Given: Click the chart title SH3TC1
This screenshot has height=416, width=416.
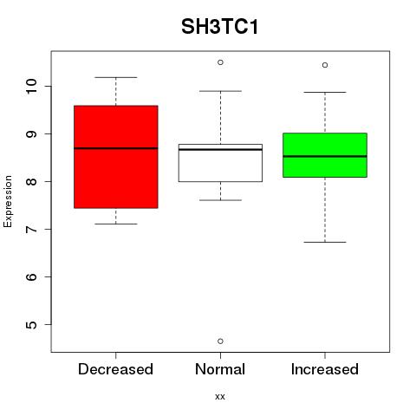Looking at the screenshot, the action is [219, 27].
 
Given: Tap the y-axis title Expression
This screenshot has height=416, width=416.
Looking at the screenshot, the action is [8, 202].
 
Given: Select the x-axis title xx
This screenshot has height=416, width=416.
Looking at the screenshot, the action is [220, 396].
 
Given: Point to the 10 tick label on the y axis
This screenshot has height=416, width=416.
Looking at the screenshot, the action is [31, 86].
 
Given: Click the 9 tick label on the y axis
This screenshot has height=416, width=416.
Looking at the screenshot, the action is [31, 133].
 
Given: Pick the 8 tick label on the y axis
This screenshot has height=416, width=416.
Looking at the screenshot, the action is [31, 181].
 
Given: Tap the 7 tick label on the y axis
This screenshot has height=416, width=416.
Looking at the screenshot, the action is [31, 229].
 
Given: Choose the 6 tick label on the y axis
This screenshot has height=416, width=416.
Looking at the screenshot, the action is [31, 276].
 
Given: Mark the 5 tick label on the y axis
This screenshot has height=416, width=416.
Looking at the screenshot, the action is [31, 324].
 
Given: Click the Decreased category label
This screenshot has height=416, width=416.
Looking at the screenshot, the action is [115, 369].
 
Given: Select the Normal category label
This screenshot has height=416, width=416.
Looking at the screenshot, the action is [220, 369].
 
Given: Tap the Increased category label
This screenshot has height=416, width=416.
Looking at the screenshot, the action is [325, 369].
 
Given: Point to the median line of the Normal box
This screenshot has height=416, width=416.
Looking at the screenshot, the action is [220, 149].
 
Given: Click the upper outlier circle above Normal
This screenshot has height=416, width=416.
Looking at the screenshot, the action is [220, 62].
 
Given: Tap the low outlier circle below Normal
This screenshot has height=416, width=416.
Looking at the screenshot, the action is [220, 341].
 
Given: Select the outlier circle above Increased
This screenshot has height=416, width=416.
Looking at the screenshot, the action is [325, 65].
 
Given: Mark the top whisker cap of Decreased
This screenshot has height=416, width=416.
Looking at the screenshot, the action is [116, 77].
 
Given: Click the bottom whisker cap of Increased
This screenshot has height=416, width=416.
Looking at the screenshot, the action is [325, 242].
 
